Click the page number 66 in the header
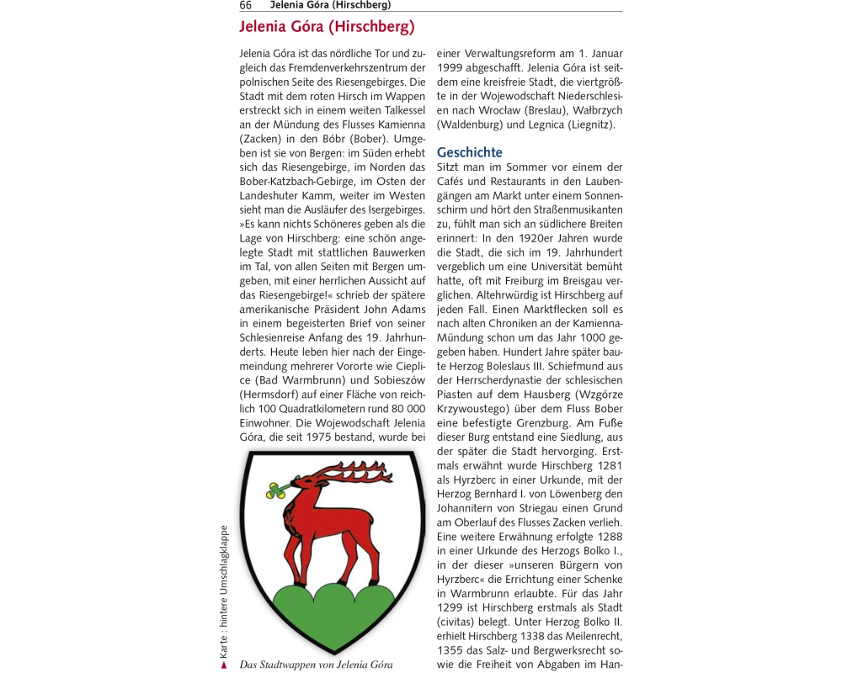(246, 5)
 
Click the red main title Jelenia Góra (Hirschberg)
(327, 27)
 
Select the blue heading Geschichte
(469, 152)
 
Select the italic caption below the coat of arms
(316, 665)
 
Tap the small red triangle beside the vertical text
(224, 665)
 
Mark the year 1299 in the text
(453, 607)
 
